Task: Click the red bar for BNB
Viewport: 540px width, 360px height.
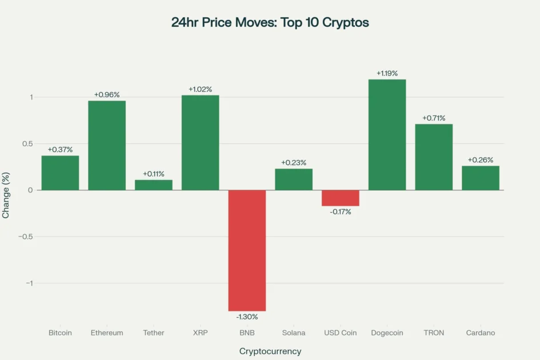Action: click(x=247, y=250)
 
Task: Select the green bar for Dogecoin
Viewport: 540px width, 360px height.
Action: click(x=387, y=135)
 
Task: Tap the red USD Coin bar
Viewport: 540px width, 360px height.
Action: click(x=340, y=198)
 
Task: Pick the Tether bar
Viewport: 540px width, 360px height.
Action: click(x=153, y=185)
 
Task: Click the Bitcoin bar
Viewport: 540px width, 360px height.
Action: click(x=60, y=173)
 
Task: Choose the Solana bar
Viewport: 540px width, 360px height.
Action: click(x=294, y=179)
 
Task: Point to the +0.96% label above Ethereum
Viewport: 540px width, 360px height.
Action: click(x=107, y=95)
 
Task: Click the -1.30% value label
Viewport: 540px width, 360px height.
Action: click(x=247, y=317)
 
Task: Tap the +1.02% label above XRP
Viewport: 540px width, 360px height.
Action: click(x=200, y=89)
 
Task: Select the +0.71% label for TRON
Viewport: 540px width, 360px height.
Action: click(x=434, y=118)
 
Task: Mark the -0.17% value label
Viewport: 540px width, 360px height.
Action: click(x=340, y=212)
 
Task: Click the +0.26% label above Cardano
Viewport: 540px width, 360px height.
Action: click(x=481, y=160)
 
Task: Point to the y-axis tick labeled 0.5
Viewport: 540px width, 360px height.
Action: click(x=27, y=143)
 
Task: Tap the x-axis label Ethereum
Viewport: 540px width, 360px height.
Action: click(x=107, y=333)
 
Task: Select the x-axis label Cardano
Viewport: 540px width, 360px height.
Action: click(x=481, y=333)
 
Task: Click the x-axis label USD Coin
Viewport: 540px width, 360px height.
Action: click(x=340, y=333)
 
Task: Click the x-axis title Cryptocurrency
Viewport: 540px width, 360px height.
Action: click(x=270, y=351)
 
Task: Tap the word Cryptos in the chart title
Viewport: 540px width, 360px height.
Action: click(x=346, y=23)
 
